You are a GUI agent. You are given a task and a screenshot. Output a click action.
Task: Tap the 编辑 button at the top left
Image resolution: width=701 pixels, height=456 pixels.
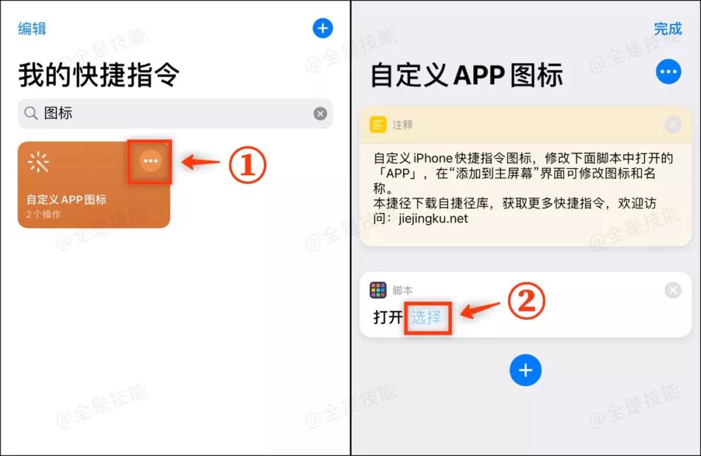(32, 29)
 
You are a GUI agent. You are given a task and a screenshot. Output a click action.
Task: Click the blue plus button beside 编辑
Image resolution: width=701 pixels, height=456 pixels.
(323, 29)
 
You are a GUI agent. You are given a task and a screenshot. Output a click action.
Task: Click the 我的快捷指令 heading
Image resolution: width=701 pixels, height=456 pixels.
(99, 75)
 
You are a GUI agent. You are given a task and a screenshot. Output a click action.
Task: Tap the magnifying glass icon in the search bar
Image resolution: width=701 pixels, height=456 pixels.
(31, 114)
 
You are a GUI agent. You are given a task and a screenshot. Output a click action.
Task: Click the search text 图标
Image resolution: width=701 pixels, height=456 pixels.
(58, 114)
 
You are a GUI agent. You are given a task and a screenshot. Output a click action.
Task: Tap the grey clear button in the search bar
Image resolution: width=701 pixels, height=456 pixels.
(321, 114)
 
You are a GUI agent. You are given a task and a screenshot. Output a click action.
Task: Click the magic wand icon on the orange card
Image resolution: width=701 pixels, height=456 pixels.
(39, 163)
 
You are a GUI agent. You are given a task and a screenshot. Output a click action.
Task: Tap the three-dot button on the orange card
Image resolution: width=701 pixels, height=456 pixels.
(151, 161)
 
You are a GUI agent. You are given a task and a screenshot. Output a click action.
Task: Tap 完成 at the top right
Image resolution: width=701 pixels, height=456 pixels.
(668, 29)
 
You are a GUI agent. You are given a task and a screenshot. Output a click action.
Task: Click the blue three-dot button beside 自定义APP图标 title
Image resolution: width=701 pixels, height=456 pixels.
(669, 72)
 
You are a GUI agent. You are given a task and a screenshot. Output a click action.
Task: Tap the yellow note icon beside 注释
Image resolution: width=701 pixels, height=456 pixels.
(378, 125)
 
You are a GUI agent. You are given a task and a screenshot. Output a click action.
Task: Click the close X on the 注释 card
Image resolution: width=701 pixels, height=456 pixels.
(673, 125)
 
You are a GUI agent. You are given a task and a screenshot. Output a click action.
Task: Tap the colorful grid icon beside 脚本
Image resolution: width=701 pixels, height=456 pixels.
(378, 290)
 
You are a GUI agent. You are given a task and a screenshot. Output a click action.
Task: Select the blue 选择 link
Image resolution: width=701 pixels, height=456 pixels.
(426, 317)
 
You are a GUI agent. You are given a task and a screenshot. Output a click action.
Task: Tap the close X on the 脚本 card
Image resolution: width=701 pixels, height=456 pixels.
(673, 290)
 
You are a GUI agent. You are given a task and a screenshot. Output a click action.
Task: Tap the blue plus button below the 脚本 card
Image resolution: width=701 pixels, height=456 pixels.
(525, 370)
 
